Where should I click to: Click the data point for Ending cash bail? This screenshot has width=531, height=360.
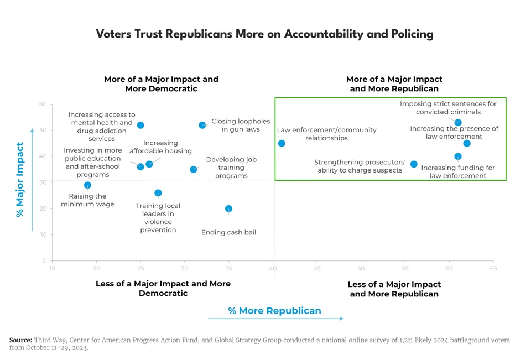(x=228, y=208)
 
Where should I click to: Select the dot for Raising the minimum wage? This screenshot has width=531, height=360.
(x=87, y=185)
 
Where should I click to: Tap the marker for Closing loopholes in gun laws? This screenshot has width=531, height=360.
(x=202, y=125)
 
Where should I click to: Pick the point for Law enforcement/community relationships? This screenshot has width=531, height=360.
(x=282, y=143)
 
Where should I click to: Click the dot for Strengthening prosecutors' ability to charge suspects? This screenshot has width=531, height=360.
(x=414, y=164)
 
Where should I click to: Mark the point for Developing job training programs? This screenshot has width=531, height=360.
(x=193, y=169)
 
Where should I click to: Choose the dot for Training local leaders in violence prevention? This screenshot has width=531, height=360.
(x=158, y=193)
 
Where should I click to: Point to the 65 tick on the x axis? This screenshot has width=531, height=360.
(x=493, y=269)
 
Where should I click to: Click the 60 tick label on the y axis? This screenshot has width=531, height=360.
(x=43, y=105)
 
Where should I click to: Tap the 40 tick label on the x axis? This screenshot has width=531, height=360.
(x=273, y=269)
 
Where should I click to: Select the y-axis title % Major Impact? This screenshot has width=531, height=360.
(x=20, y=180)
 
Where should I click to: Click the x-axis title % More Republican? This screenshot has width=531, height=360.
(x=274, y=311)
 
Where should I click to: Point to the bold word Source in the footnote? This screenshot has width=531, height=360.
(x=20, y=340)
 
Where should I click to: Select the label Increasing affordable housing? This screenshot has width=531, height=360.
(x=160, y=147)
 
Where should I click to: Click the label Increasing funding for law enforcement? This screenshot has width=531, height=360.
(x=458, y=171)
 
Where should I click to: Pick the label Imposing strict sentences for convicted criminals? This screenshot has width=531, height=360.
(x=448, y=107)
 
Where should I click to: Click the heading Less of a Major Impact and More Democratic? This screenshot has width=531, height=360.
(x=163, y=288)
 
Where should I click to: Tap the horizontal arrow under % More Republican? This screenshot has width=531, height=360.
(x=275, y=319)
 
